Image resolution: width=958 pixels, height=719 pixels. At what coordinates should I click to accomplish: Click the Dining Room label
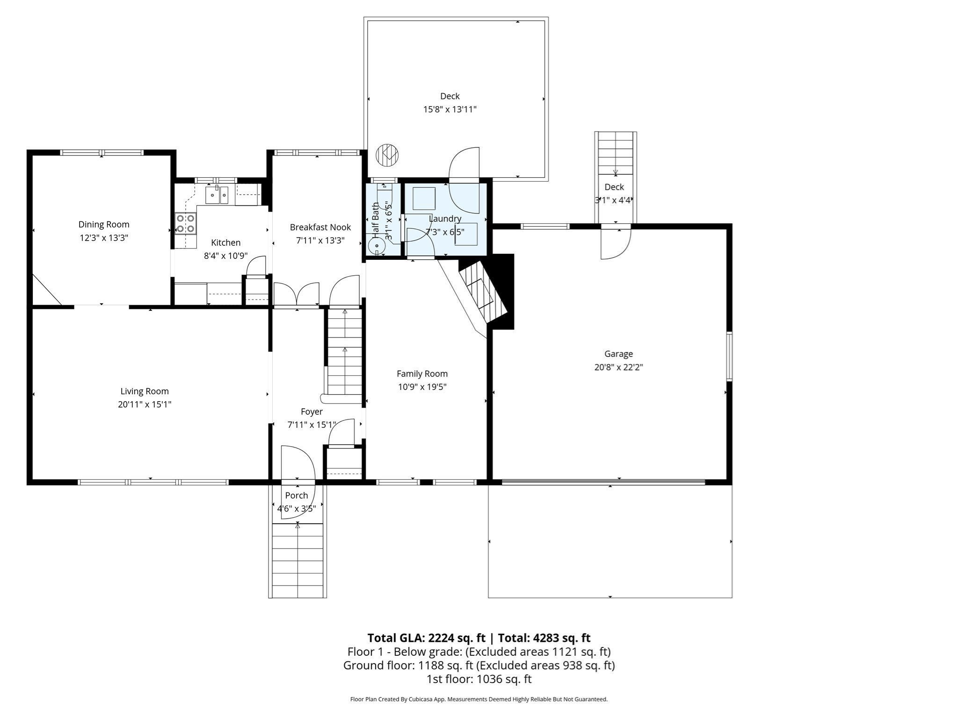point(103,225)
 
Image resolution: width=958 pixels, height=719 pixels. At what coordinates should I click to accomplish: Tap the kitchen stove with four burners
point(185,223)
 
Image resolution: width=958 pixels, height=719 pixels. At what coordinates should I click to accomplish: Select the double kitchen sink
point(217,195)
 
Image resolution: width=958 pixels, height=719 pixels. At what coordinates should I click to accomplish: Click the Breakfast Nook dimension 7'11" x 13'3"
point(320,241)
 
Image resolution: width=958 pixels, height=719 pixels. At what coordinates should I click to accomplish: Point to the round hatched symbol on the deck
point(387,154)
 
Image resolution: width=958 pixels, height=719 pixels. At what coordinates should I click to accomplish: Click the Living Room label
point(145,391)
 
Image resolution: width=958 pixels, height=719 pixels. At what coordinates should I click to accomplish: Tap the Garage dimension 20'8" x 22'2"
point(618,367)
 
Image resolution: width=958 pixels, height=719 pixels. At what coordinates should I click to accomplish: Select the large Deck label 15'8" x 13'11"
point(450,103)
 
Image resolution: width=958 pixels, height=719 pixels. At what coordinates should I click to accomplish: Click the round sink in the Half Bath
point(377,246)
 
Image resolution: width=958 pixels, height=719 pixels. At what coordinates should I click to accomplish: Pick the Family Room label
point(422,374)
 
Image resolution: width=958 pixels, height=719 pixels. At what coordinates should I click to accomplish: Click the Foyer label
point(312,411)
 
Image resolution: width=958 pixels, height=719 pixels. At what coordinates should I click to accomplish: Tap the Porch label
point(297,495)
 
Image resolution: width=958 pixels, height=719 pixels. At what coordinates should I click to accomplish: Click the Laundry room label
point(445,219)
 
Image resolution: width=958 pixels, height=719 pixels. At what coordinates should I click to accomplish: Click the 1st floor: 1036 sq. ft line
point(479,679)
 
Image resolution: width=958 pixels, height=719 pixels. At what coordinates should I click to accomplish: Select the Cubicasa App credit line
point(479,699)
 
